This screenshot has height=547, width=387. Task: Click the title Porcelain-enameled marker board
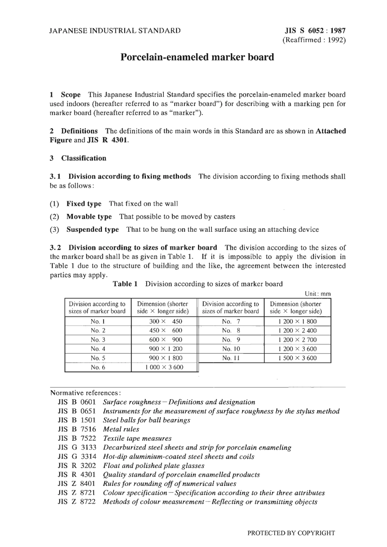[197, 57]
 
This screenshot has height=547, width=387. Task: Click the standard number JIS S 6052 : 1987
[315, 31]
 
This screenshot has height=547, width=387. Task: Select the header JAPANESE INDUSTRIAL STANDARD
[115, 31]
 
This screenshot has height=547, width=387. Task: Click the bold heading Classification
[84, 158]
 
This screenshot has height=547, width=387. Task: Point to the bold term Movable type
[89, 216]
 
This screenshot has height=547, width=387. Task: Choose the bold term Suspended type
[92, 229]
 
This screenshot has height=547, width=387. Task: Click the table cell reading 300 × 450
[165, 321]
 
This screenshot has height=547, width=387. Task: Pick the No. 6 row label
[98, 367]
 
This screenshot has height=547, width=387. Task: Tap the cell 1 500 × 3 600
[297, 358]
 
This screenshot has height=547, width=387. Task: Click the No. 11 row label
[231, 358]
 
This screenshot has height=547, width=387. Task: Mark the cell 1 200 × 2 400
[297, 330]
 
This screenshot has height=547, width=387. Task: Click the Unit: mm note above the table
[318, 294]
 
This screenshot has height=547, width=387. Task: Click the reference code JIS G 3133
[77, 447]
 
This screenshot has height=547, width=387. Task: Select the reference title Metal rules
[121, 429]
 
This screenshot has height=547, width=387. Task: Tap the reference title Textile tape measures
[137, 438]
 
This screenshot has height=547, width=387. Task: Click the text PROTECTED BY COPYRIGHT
[291, 533]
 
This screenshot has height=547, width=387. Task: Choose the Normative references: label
[85, 393]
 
